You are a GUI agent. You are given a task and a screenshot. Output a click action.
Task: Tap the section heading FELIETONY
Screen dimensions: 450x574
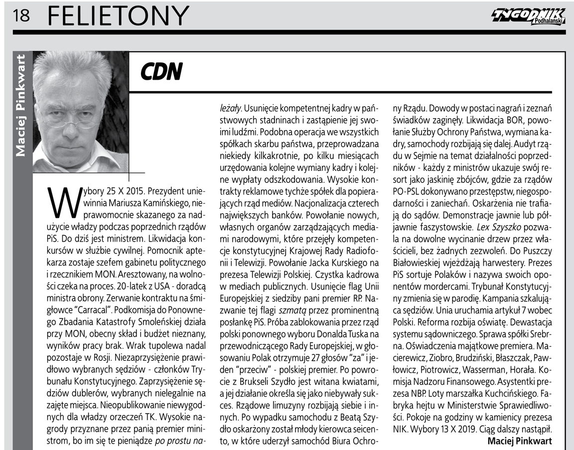tap(118, 15)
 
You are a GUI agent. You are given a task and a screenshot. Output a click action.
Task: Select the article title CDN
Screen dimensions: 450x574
tap(161, 72)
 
